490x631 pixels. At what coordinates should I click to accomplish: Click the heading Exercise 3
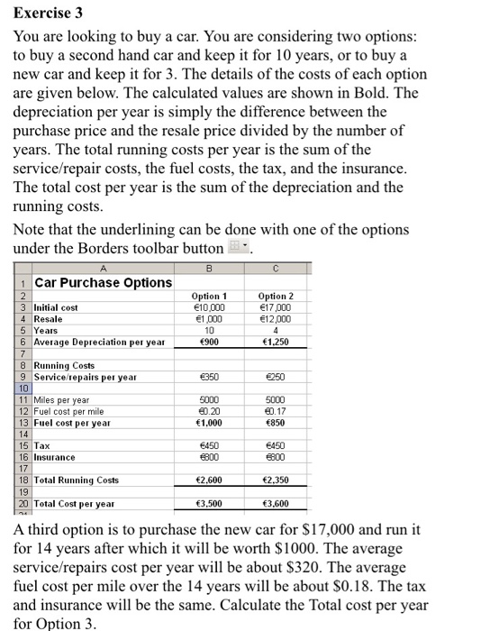point(46,14)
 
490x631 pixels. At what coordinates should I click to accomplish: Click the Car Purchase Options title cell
point(103,283)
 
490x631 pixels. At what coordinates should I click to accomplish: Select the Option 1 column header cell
point(209,297)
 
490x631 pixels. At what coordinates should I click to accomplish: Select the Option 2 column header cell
point(276,297)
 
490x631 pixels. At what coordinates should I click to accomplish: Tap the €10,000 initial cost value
point(209,307)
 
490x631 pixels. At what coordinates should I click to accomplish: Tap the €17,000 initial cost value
point(276,307)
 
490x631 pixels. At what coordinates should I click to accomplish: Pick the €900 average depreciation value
point(209,343)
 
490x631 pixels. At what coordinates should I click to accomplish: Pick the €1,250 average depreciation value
point(276,343)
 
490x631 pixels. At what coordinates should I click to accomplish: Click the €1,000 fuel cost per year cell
point(209,423)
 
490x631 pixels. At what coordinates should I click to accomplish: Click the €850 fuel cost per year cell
point(276,423)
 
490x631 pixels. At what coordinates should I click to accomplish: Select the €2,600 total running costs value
point(209,480)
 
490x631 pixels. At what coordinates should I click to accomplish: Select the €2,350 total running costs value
point(276,480)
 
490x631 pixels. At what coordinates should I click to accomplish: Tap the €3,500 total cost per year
point(209,504)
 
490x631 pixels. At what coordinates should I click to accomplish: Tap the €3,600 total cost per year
point(276,504)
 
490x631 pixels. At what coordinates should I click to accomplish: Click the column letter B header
point(209,268)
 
